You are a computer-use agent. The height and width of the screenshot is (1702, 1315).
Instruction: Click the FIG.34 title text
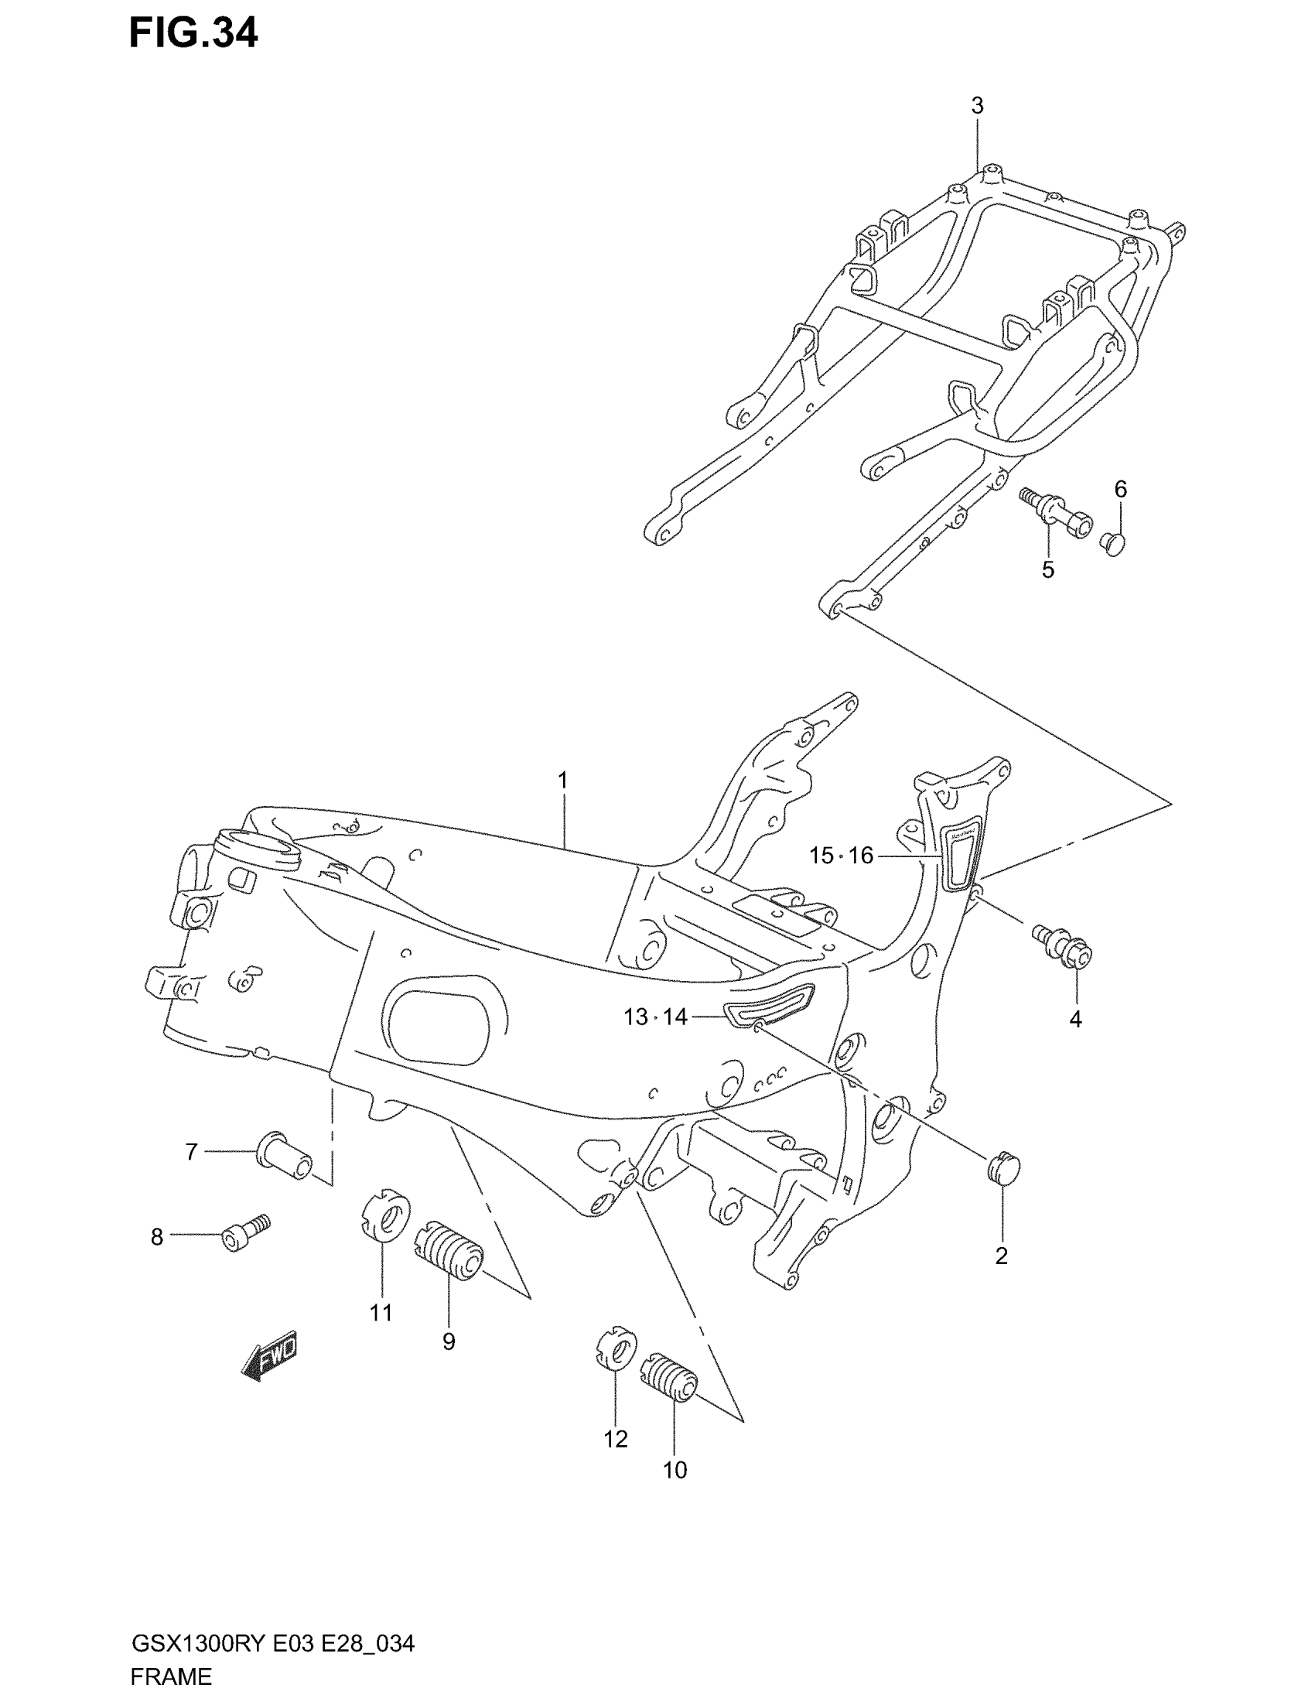(x=193, y=34)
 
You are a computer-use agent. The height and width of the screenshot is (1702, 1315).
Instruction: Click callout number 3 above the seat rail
(x=977, y=106)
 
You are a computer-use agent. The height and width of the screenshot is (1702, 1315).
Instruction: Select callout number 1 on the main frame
(x=562, y=780)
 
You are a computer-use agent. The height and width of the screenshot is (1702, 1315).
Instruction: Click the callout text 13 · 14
(x=655, y=1017)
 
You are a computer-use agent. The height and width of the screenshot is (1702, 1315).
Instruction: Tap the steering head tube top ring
(x=257, y=847)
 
